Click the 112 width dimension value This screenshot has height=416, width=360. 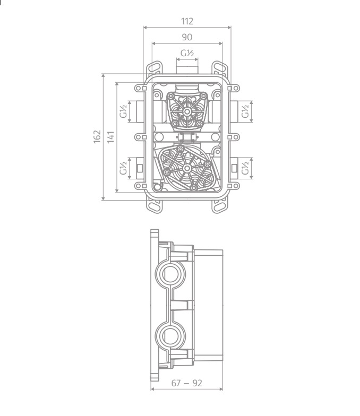coord(187,21)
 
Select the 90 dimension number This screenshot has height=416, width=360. coord(187,37)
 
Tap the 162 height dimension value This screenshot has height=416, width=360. coord(97,137)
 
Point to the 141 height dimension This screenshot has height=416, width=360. coord(110,137)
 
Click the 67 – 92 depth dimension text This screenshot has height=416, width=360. coord(187,383)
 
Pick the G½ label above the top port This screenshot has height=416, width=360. coord(187,53)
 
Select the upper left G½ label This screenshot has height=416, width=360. coord(123,111)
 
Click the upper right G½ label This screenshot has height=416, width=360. coord(245,111)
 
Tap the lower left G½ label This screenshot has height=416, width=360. coord(123,168)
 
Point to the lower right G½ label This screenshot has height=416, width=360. coord(245,168)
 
